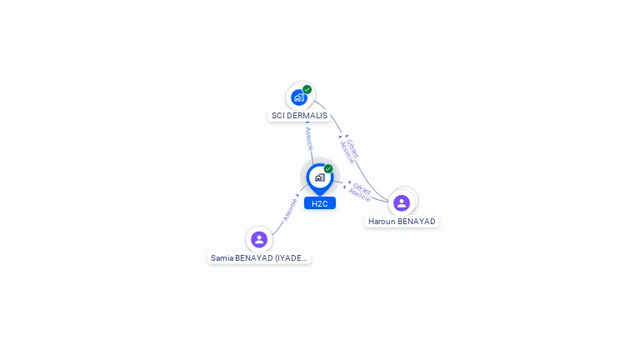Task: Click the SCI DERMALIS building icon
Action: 299,97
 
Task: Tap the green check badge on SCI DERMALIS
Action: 307,90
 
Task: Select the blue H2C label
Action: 320,203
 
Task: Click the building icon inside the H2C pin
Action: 320,177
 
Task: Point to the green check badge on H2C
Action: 328,169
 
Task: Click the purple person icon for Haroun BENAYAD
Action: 402,202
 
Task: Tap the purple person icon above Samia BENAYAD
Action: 259,239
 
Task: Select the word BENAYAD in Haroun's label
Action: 417,222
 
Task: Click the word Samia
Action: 222,258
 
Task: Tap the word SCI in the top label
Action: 279,116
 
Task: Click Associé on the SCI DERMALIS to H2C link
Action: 309,138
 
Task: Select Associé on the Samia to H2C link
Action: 290,208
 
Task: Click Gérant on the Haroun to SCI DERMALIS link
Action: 353,148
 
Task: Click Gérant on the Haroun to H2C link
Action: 362,187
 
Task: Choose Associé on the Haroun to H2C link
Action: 359,196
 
